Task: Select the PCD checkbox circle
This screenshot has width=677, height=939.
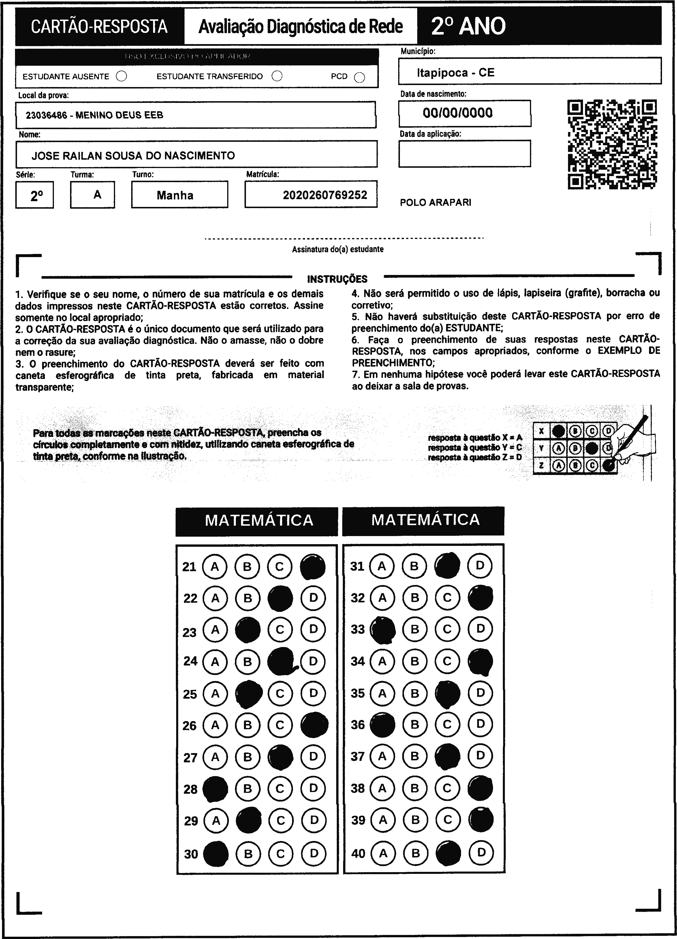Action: (x=360, y=78)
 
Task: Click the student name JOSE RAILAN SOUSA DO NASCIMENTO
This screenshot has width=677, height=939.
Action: (x=133, y=156)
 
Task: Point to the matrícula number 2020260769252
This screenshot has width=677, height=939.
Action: (x=325, y=195)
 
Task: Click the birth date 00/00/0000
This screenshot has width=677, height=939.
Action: (x=458, y=113)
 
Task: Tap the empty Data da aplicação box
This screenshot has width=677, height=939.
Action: (x=464, y=154)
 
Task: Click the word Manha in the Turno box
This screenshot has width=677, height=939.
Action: (x=175, y=195)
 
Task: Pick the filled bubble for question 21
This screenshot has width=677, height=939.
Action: (x=313, y=567)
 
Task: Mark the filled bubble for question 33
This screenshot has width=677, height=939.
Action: (x=382, y=630)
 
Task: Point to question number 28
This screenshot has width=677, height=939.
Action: (x=191, y=789)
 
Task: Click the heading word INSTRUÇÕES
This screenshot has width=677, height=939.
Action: (x=337, y=279)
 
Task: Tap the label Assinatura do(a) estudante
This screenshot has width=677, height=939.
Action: (x=337, y=249)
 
